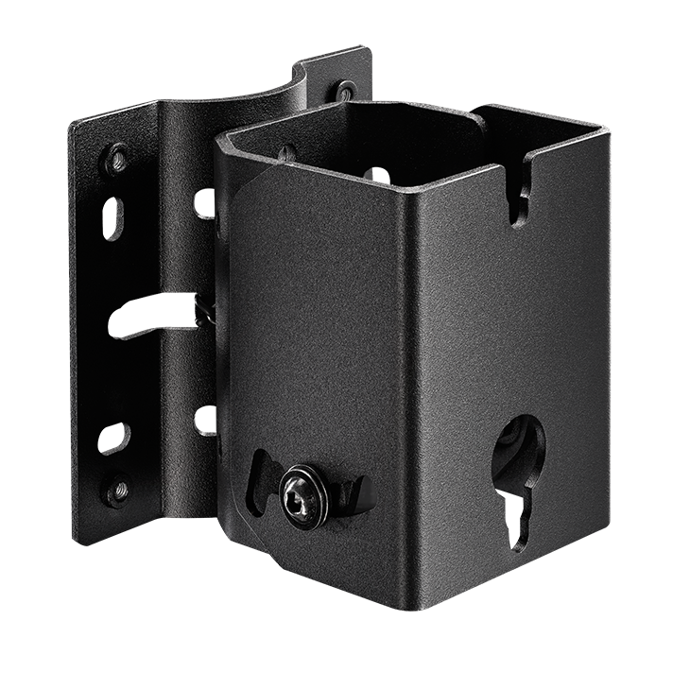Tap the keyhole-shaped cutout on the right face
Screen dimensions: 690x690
pos(519,473)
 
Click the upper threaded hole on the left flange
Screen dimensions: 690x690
pos(117,158)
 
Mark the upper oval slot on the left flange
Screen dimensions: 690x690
pos(113,216)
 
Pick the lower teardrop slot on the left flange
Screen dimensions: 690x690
pos(116,438)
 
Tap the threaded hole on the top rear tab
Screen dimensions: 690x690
pos(346,92)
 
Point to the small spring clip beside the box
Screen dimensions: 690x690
pos(202,310)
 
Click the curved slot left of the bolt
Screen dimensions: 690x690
pos(260,478)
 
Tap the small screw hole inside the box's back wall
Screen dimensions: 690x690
pos(286,151)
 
